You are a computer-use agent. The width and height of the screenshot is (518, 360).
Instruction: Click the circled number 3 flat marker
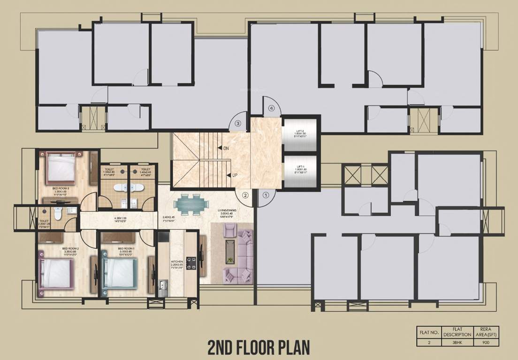click(238, 124)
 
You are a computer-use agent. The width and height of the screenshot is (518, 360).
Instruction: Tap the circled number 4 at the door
click(271, 108)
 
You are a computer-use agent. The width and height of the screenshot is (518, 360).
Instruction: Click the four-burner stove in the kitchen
click(191, 262)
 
